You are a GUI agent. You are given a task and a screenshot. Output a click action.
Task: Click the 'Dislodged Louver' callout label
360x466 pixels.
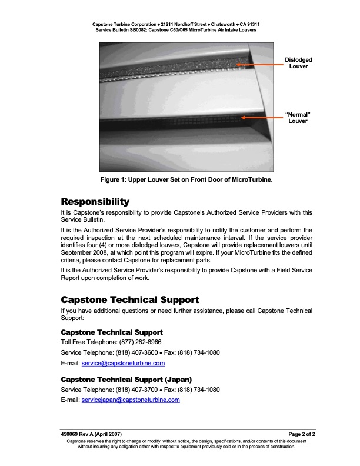(x=298, y=63)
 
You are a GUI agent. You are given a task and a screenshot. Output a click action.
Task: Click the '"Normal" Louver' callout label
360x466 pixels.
(x=298, y=117)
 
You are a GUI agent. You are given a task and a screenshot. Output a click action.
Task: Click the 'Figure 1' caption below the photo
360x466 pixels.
(x=180, y=179)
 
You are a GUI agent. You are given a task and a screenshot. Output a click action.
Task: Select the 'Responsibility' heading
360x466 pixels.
(x=95, y=202)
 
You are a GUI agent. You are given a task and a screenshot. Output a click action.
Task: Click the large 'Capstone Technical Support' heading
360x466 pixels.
(x=130, y=299)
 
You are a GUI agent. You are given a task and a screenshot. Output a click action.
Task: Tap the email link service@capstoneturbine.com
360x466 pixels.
(x=123, y=363)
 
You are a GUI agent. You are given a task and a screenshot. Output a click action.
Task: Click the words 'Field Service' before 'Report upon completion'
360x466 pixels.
(x=292, y=270)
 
